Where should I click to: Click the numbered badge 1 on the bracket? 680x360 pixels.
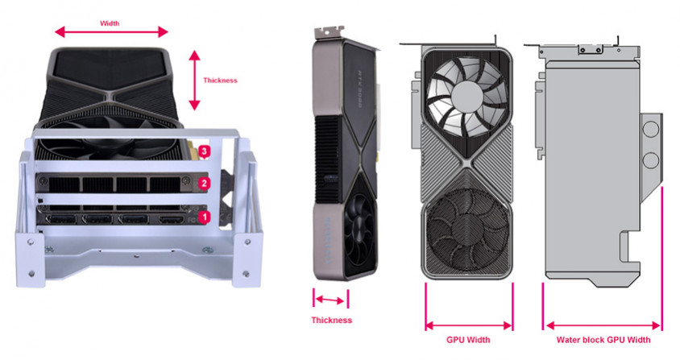tap(205, 217)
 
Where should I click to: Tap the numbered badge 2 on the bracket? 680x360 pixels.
tap(205, 184)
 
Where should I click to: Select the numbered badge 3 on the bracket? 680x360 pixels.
tap(205, 151)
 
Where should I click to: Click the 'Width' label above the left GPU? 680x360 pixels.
tap(110, 23)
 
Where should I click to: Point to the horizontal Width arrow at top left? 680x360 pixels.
tap(111, 31)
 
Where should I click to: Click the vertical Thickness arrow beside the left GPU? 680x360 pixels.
tap(195, 81)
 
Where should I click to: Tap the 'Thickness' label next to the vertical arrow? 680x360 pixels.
tap(220, 81)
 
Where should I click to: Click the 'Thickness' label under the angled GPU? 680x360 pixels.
tap(331, 320)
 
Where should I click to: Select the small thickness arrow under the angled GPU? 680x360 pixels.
tap(330, 300)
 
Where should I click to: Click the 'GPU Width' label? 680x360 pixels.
tap(468, 340)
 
